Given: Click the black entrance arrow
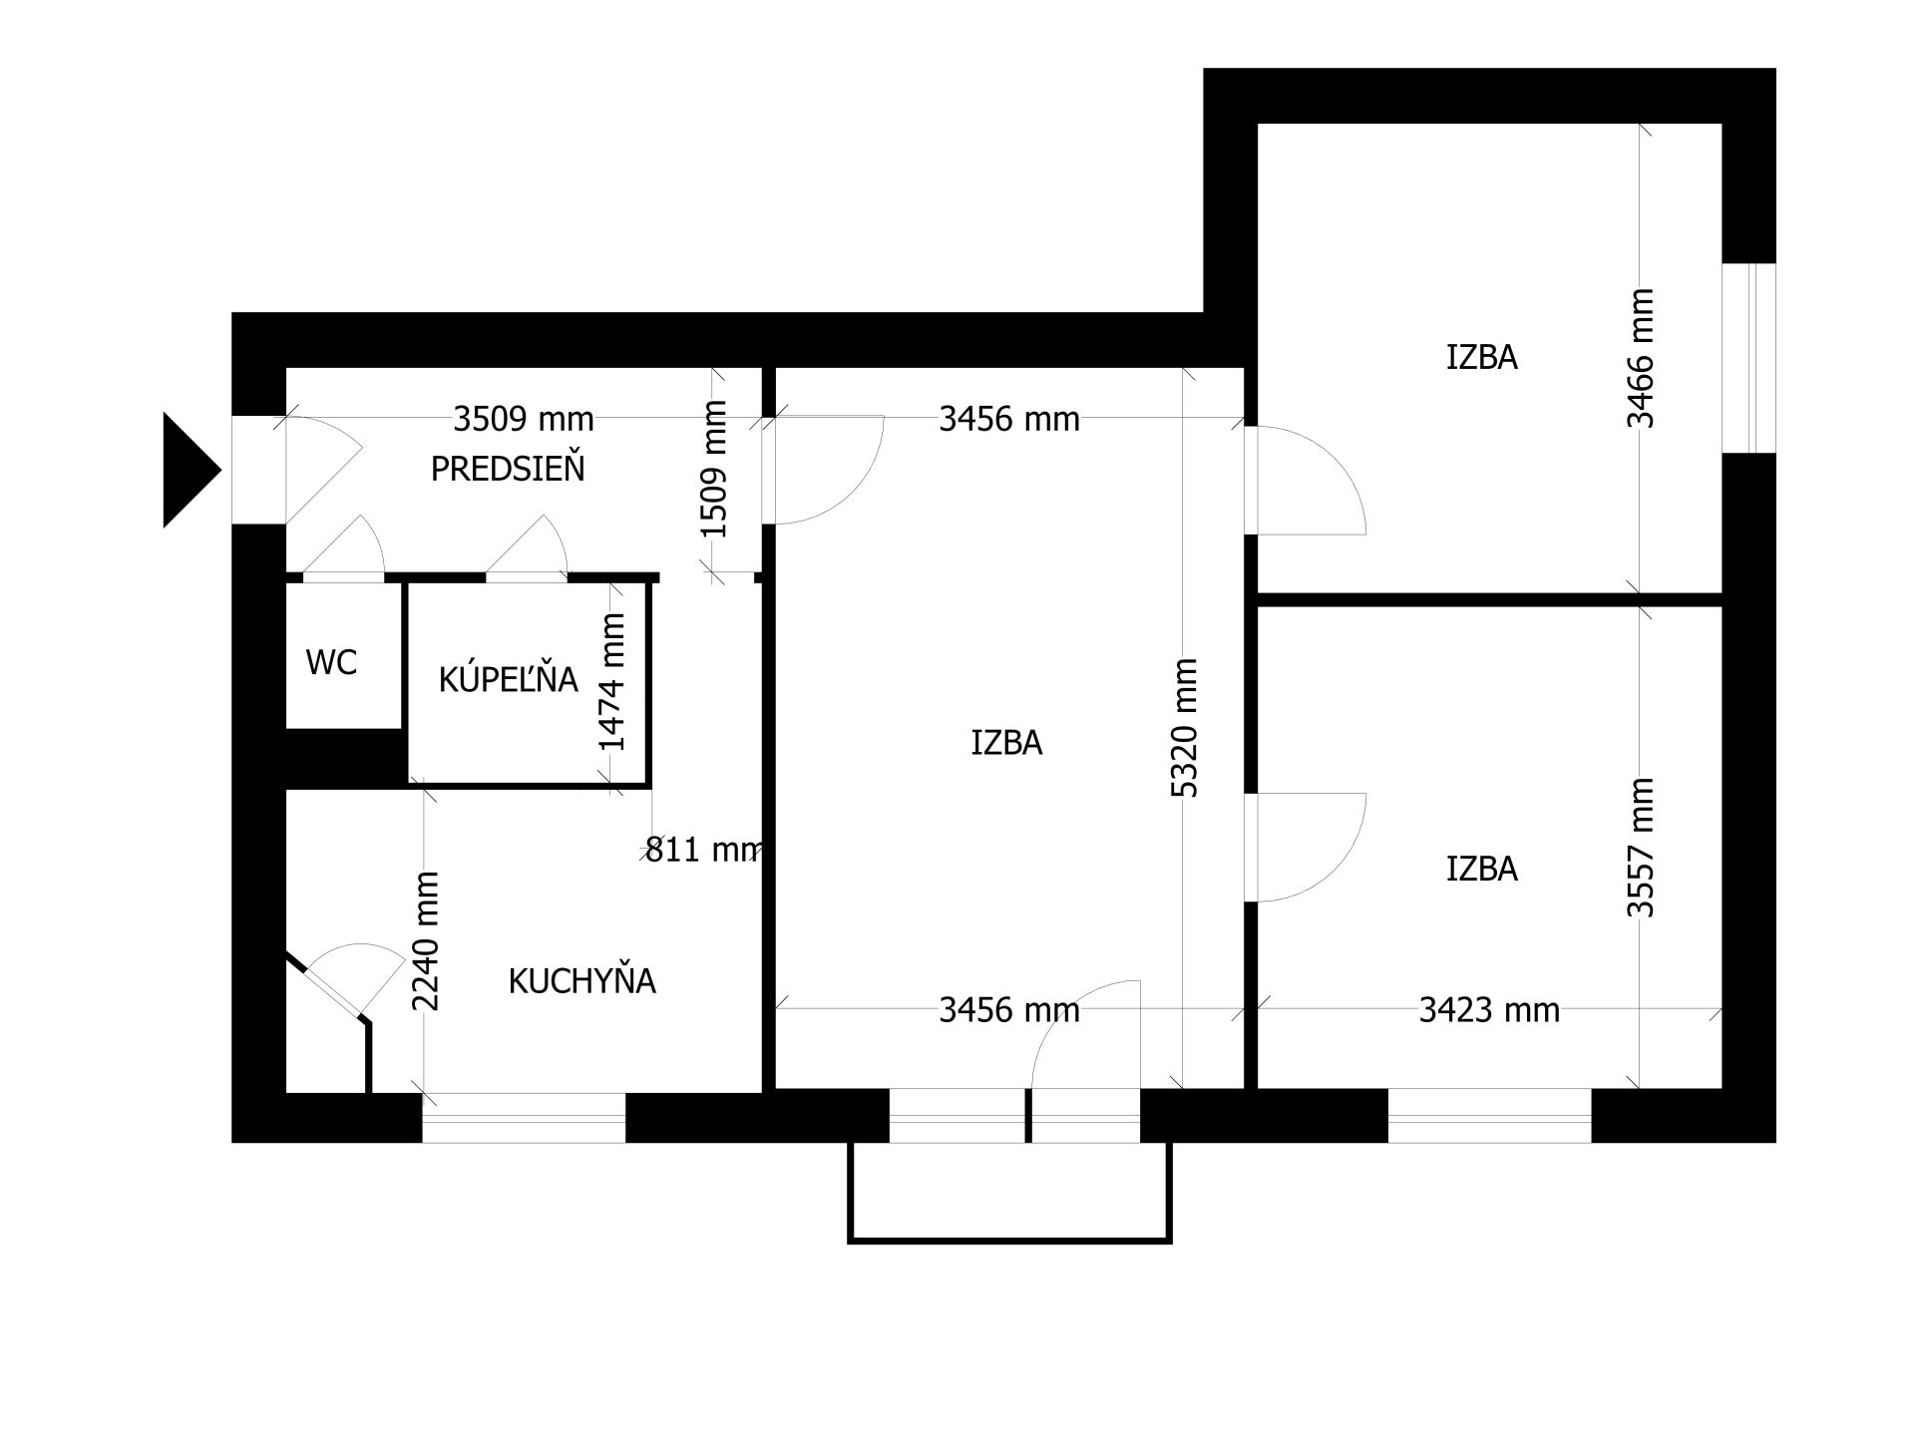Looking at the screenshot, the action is coord(189,470).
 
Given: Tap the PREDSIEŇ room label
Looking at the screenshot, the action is coord(508,468).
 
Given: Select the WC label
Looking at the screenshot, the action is coord(331,662).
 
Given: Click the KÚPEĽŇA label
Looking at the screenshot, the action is coord(508,678).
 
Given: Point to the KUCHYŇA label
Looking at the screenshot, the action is coord(581,980).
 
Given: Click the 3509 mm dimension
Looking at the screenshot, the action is coord(524,419).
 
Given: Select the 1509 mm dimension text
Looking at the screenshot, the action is coord(714,469).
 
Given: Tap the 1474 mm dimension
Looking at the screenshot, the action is coord(611,681).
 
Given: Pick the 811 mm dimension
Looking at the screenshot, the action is coord(704,850).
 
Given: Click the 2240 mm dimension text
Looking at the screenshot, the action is coord(426,940).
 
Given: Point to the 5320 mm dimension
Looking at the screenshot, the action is coord(1184,728).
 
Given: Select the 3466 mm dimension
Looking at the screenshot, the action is coord(1641,358).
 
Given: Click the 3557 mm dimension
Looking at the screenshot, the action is coord(1641,847).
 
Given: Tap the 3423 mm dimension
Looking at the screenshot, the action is coord(1489,1010).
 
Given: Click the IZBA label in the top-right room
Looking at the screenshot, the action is coord(1482,357).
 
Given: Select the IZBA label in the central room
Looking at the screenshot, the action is coord(1006,743).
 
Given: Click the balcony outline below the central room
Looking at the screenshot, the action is coord(1009,1242).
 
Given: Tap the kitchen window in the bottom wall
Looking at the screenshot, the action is coord(524,1118).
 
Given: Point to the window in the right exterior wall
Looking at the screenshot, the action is coord(1749,358).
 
